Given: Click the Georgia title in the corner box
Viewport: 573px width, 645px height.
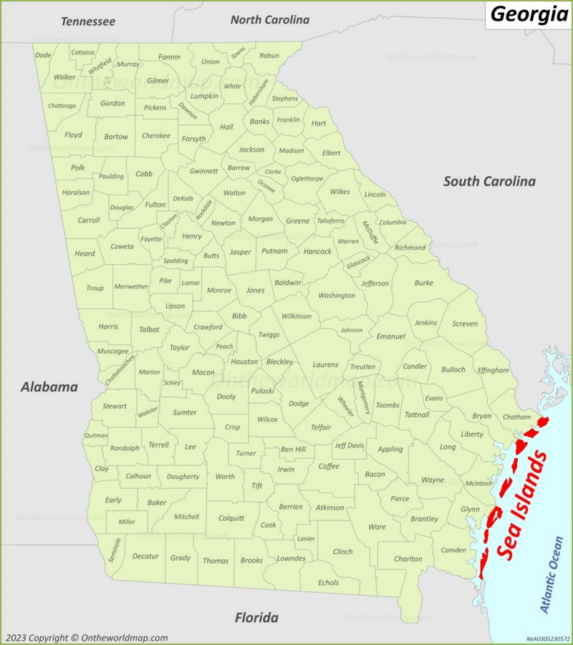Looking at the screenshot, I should [529, 14].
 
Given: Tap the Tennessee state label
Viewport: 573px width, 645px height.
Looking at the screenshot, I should [88, 21].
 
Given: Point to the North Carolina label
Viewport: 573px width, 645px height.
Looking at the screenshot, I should [269, 20].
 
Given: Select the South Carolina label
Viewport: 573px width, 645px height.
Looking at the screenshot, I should [489, 181].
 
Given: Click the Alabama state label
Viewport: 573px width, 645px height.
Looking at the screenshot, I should [49, 387].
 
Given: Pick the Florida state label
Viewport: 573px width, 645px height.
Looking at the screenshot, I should [256, 617].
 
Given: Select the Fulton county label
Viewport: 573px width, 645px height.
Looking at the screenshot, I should [155, 204].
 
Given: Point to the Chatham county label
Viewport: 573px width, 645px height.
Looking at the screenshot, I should [516, 416].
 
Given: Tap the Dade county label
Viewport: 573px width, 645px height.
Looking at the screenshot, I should [44, 54].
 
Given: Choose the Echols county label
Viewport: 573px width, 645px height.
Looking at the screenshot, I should [329, 582].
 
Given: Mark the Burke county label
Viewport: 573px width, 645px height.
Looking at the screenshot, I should [423, 283].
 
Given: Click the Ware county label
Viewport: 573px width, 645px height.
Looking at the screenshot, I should [377, 527].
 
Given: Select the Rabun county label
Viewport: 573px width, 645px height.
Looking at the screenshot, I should [269, 55].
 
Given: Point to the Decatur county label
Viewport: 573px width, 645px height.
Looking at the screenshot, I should [145, 556].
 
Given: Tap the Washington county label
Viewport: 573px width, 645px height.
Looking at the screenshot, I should [337, 295].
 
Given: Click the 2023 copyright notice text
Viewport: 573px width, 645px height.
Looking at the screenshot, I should [87, 637].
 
